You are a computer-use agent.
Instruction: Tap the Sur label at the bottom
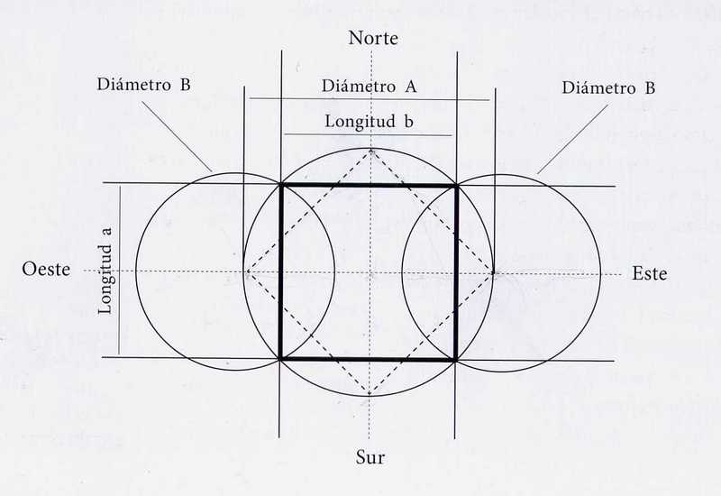click(x=370, y=457)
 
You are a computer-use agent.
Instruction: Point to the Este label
click(x=649, y=273)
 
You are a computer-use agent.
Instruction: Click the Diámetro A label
click(x=370, y=87)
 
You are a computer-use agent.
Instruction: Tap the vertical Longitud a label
click(x=105, y=271)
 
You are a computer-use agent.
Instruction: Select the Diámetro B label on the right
click(x=607, y=87)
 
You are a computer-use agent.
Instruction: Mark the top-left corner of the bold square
click(x=282, y=185)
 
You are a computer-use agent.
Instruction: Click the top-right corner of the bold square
click(x=457, y=185)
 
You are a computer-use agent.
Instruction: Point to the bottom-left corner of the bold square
click(x=282, y=359)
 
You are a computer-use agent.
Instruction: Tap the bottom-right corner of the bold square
click(x=457, y=359)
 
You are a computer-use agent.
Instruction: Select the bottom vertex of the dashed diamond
click(x=370, y=394)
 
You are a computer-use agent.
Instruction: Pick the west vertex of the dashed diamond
click(x=246, y=271)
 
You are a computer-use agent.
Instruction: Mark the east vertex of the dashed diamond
click(x=494, y=271)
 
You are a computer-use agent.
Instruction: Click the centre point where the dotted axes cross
click(x=370, y=271)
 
